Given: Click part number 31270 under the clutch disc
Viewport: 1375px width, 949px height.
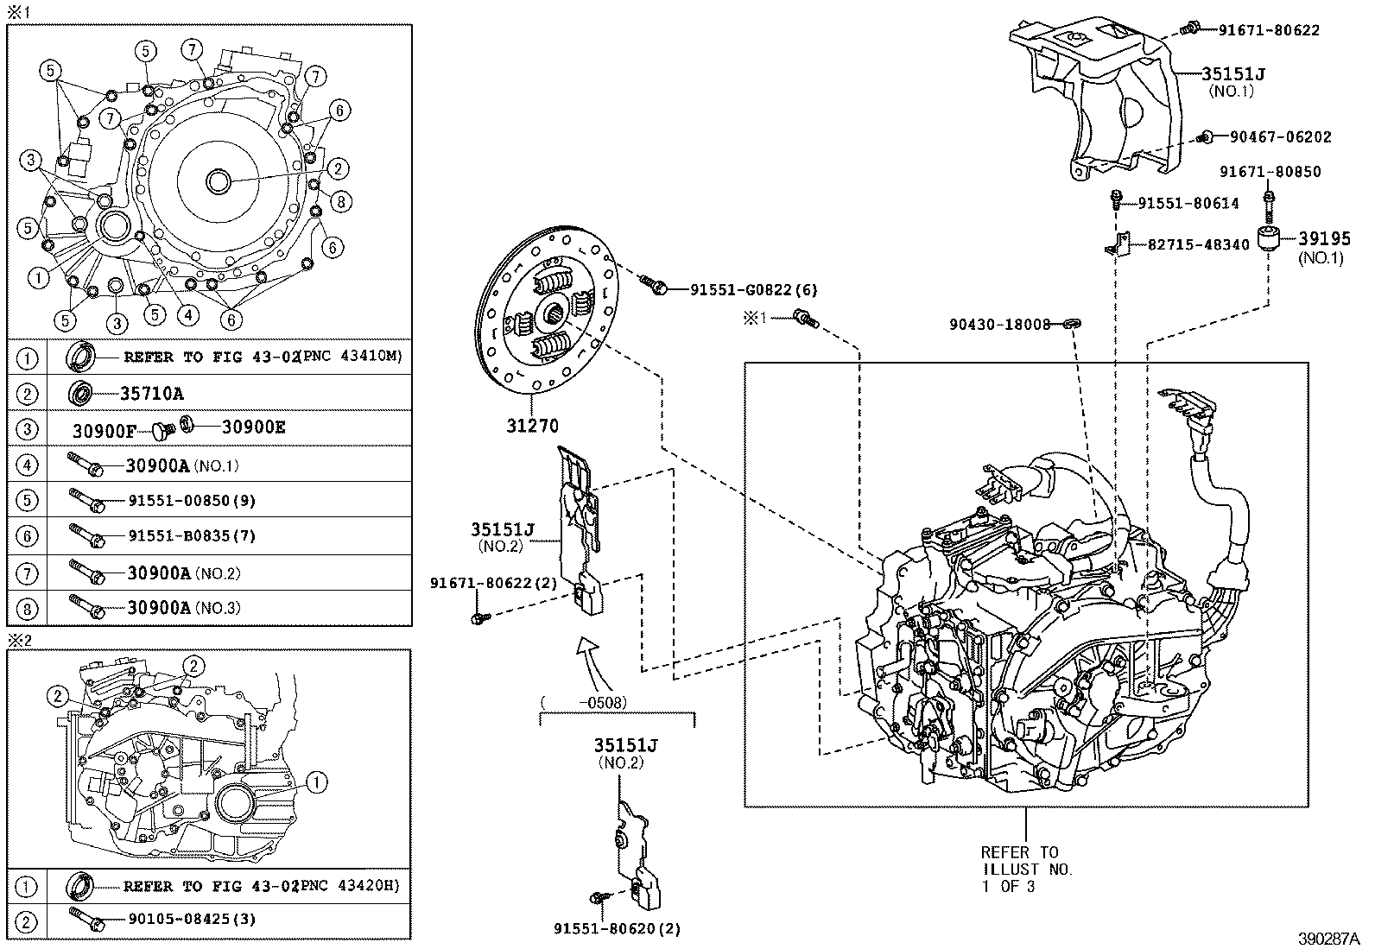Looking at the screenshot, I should pos(532,426).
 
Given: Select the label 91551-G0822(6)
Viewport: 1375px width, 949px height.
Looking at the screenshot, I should pos(753,291).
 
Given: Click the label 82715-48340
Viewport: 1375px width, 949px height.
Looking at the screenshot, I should pos(1198,244).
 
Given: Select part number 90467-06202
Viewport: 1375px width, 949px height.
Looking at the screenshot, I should pos(1280,136).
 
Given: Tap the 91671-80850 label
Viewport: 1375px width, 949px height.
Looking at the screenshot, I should pos(1270,172).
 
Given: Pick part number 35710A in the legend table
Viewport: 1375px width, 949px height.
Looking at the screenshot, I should pos(151,394).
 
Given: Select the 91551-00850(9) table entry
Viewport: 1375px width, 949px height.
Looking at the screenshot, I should pos(191,501).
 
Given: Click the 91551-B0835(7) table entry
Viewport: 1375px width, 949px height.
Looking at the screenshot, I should pos(191,536).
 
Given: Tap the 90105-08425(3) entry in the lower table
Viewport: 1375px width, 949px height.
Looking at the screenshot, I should pos(191,920).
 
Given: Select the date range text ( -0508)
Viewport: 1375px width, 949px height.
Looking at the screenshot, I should pos(583,703).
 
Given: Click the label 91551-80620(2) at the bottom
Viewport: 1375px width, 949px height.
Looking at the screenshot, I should pos(617,929).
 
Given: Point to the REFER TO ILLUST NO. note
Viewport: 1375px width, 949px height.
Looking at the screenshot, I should pos(1025,869).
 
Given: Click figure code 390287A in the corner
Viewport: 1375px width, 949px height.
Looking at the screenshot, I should pos(1327,938).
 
